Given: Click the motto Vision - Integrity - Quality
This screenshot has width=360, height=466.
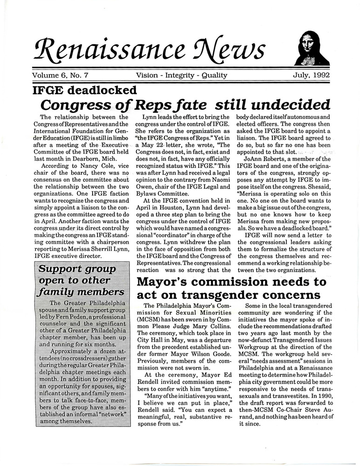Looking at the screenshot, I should point(182,75).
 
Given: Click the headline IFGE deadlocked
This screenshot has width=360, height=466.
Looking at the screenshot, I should point(84,90).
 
